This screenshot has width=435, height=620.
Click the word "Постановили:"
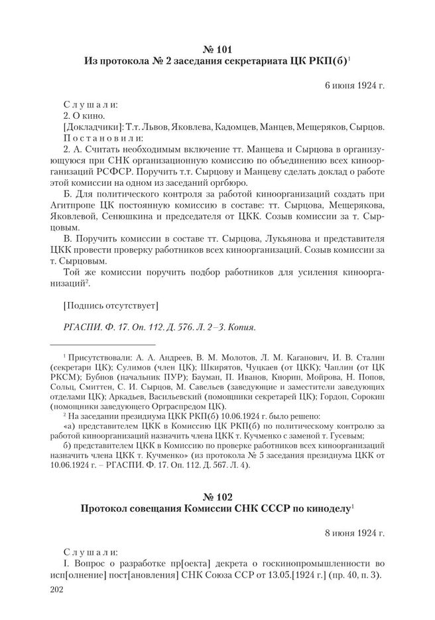click(103, 139)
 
